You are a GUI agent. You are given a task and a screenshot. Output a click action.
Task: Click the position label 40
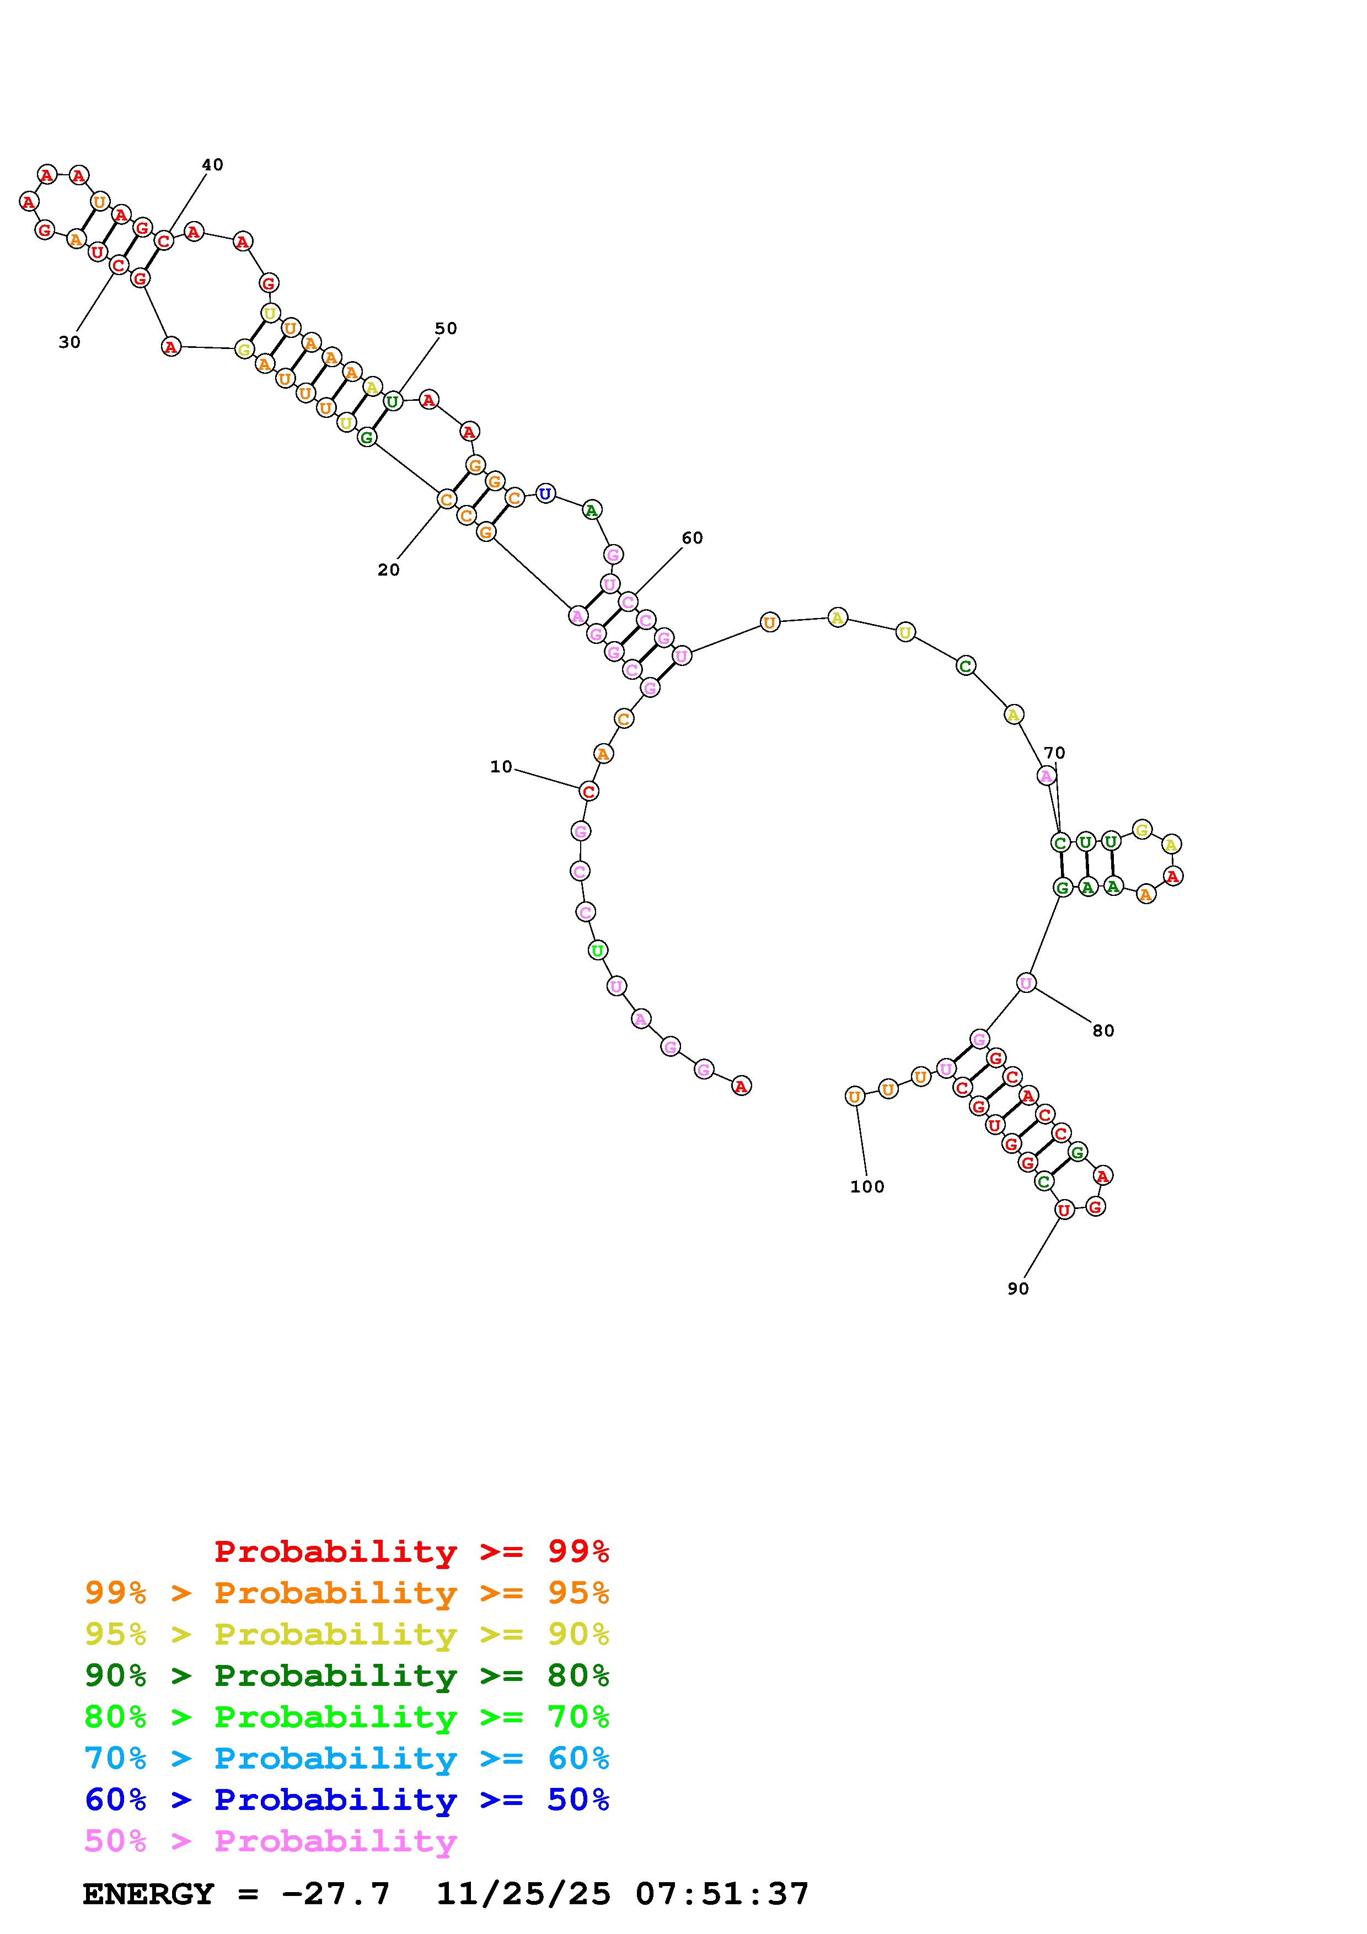[212, 165]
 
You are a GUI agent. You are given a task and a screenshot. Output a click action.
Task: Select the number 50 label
[446, 329]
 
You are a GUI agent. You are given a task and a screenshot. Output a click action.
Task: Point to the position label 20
[388, 570]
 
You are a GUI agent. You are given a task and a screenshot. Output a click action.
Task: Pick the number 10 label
[501, 766]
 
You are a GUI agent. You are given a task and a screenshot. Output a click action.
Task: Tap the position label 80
[1103, 1031]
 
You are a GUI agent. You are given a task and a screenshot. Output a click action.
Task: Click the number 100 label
[867, 1187]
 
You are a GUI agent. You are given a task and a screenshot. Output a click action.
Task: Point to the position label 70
[1054, 753]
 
